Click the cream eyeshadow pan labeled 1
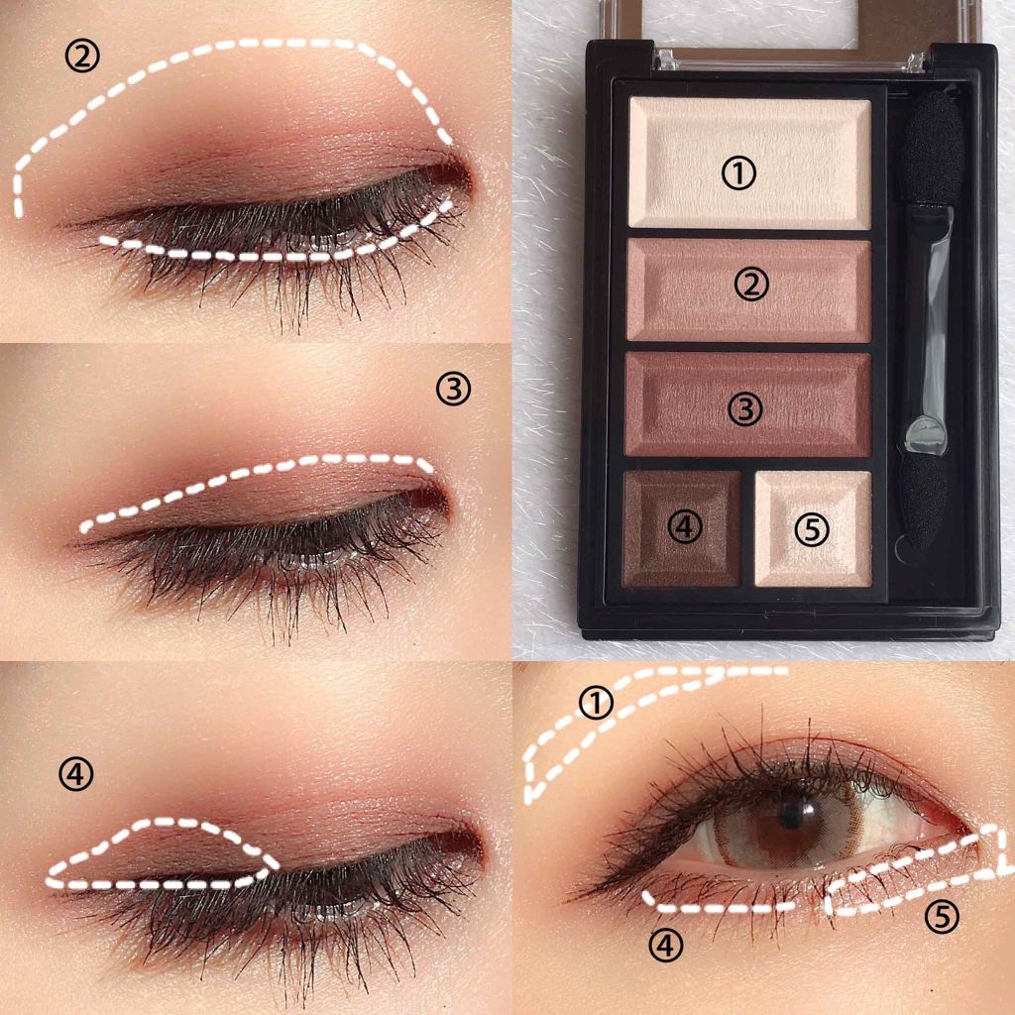tap(749, 164)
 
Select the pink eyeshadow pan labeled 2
tap(749, 290)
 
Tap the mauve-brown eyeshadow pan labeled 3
tap(748, 404)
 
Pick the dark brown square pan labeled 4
tap(682, 529)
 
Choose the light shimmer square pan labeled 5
tap(813, 529)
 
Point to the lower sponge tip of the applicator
tap(924, 504)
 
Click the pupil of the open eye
tap(792, 813)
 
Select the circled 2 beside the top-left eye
tap(82, 56)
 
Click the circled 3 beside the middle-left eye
tap(453, 389)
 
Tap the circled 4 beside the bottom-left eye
tap(75, 774)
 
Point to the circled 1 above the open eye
tap(596, 704)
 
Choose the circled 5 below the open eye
tap(942, 917)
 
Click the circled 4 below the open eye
tap(665, 947)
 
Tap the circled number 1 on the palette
tap(738, 172)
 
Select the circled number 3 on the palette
tap(745, 409)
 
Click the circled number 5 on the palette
tap(812, 529)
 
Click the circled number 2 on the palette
tap(751, 284)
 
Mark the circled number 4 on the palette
tap(685, 527)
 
